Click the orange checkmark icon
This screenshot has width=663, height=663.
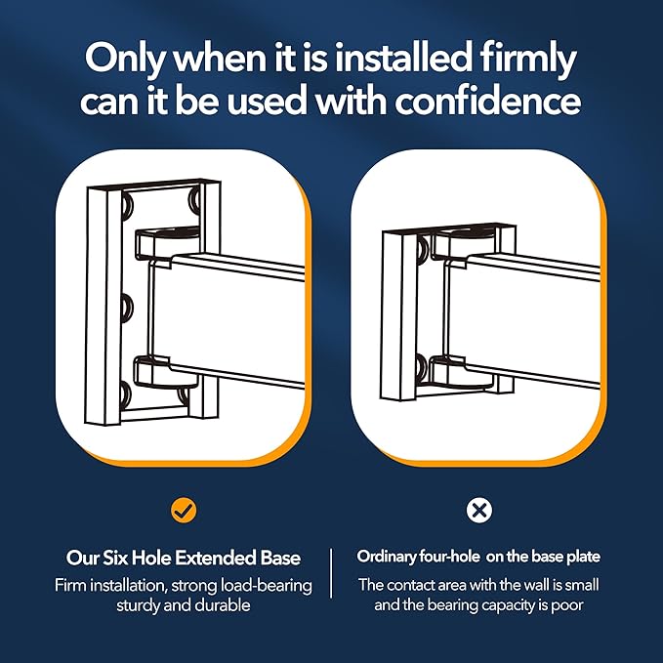[x=184, y=511]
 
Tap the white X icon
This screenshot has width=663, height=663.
[x=479, y=511]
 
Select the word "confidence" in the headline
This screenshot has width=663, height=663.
[x=487, y=102]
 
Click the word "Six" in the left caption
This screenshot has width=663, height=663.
[x=116, y=559]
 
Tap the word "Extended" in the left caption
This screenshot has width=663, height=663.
[x=215, y=559]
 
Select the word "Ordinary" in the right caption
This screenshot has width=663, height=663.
[x=386, y=557]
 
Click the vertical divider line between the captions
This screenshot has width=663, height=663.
[x=331, y=573]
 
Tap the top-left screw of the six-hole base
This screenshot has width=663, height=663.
[x=126, y=206]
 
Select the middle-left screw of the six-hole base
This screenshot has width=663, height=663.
[x=126, y=308]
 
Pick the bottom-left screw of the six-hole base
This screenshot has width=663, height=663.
[x=126, y=394]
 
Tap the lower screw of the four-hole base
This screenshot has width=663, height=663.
[x=422, y=367]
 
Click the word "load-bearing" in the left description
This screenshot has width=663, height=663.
[x=269, y=587]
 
